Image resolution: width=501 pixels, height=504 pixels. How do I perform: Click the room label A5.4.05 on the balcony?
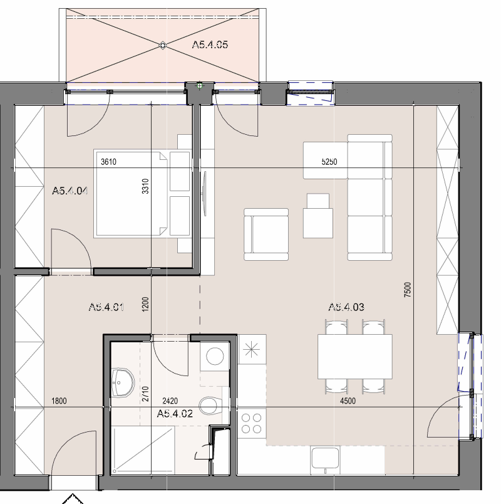click(210, 45)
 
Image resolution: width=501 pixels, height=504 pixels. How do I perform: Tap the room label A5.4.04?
click(70, 191)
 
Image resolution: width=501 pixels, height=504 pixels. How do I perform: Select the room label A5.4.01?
click(106, 307)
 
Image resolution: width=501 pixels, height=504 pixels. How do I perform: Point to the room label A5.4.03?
click(346, 307)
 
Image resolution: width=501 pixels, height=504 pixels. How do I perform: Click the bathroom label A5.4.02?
click(175, 413)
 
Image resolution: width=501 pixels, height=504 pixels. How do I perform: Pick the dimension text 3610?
click(108, 162)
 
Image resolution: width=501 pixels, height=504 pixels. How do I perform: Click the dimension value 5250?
click(329, 162)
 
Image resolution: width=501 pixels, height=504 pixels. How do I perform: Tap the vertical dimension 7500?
click(408, 289)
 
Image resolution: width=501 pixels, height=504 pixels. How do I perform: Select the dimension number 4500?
click(348, 401)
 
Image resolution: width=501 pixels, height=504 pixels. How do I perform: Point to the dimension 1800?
click(59, 401)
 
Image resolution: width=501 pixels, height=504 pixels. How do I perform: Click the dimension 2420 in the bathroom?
click(170, 401)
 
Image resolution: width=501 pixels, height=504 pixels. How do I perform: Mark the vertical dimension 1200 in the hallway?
click(145, 304)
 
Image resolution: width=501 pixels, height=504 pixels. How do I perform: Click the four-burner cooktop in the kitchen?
click(252, 423)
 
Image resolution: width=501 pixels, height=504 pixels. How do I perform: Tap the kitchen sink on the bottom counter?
click(325, 459)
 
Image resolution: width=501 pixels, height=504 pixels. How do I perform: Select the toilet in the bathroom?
click(210, 406)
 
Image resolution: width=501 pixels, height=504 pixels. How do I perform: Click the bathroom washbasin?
click(123, 383)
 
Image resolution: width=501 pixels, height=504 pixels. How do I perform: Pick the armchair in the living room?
click(266, 234)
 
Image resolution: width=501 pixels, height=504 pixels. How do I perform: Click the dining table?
click(355, 357)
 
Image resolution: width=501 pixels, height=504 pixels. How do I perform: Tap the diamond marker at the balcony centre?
click(163, 45)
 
